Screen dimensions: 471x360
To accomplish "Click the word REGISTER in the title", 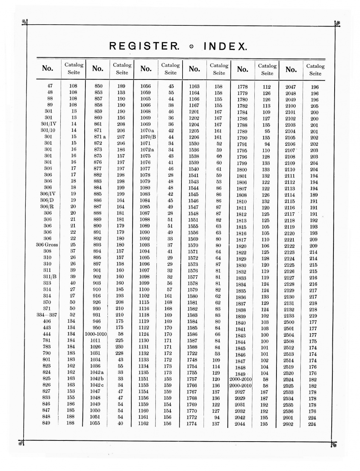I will click(144, 46).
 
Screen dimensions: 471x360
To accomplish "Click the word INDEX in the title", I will click(225, 47).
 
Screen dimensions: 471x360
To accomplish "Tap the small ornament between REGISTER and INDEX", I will click(191, 47).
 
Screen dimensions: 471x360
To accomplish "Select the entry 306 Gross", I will click(47, 245).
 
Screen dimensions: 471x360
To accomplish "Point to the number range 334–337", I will click(47, 315).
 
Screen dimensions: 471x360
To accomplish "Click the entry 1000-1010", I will click(96, 334).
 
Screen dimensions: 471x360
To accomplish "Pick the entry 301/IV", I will click(48, 124).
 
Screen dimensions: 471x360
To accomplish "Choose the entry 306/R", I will click(47, 207).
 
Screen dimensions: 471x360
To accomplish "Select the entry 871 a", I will click(99, 137).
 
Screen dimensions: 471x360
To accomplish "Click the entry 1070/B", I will click(148, 137).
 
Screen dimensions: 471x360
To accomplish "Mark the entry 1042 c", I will click(97, 385).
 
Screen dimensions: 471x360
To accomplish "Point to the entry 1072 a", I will click(147, 150).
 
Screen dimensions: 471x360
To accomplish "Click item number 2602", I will click(288, 424).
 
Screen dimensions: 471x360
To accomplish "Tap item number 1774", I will click(192, 424).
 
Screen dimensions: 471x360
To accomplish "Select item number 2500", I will click(289, 322).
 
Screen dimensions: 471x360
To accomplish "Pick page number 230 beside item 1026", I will click(119, 347).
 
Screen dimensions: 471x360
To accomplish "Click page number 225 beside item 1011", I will click(119, 340).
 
